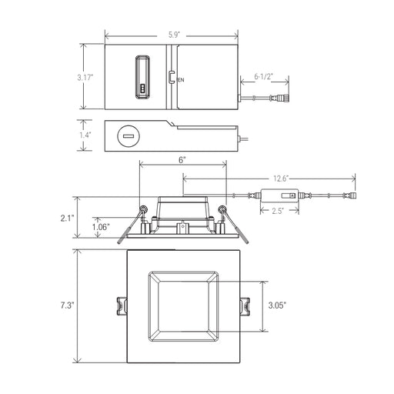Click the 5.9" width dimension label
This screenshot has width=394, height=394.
(x=175, y=35)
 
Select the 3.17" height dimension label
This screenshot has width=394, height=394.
(x=85, y=77)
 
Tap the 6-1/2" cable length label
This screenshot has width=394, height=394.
(x=263, y=76)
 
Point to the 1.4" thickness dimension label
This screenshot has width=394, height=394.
(x=85, y=135)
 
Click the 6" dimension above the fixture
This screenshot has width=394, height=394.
(x=182, y=160)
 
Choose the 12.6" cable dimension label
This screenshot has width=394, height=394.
(x=281, y=179)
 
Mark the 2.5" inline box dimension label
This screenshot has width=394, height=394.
(x=278, y=211)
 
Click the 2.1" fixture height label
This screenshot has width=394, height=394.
(x=67, y=219)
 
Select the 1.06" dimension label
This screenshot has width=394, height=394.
(x=101, y=227)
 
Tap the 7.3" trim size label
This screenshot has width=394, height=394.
(x=67, y=306)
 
